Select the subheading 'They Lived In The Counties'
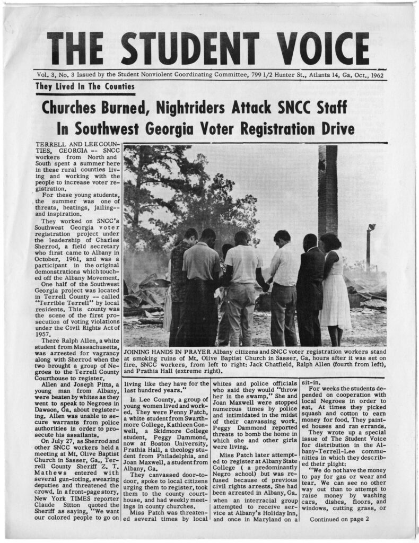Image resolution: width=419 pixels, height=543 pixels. (x=85, y=86)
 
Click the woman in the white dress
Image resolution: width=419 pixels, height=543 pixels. (x=335, y=286)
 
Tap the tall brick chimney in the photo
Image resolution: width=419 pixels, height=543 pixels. (x=327, y=191)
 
